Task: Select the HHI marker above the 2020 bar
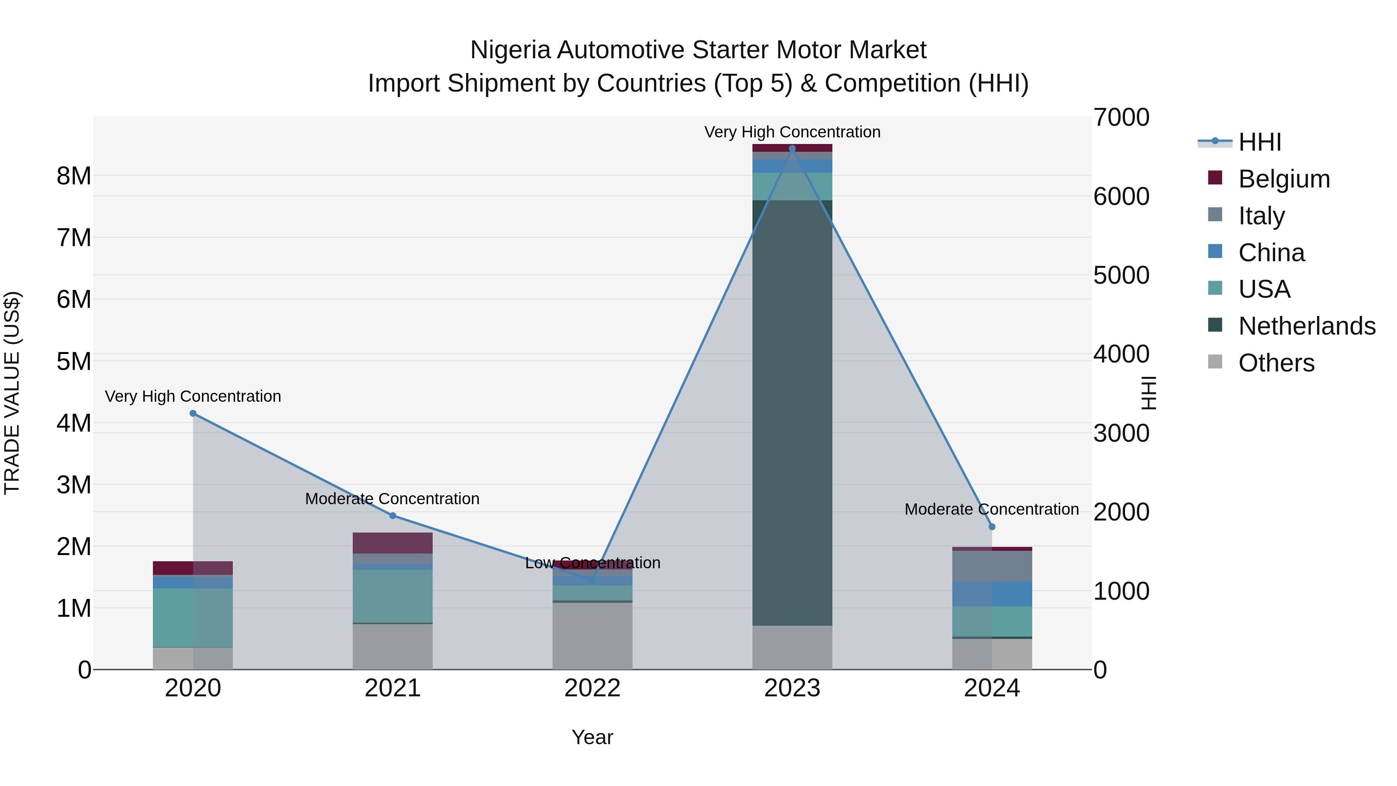point(193,413)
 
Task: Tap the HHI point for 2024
point(992,527)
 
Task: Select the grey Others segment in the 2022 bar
point(592,636)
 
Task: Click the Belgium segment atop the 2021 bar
point(393,543)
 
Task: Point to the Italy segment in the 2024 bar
point(992,566)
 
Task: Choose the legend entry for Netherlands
point(1307,326)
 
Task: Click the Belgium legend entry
point(1284,179)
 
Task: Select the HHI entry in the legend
point(1260,142)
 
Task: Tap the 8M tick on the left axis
point(74,176)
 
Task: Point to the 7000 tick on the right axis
point(1121,118)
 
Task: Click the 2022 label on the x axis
point(592,688)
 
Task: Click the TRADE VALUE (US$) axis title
point(12,393)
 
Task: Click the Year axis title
point(592,737)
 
